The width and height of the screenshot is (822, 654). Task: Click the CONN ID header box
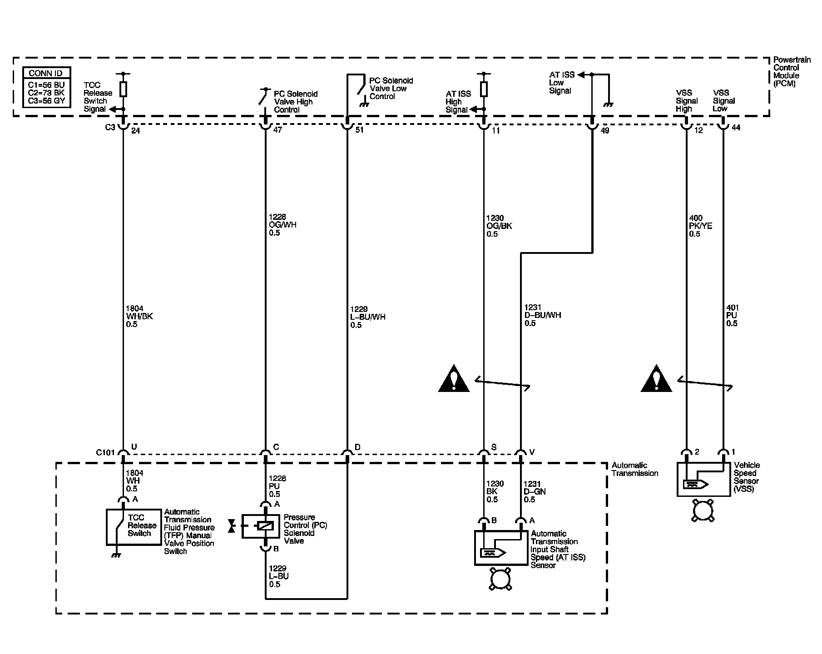tap(47, 73)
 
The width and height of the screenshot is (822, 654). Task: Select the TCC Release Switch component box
tap(134, 527)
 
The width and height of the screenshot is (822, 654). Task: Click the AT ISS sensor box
tap(502, 548)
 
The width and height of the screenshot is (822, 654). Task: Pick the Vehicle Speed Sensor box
tap(704, 480)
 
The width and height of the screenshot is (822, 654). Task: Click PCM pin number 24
tap(135, 131)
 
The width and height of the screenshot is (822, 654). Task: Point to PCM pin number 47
tap(277, 130)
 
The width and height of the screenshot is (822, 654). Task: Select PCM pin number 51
tap(359, 130)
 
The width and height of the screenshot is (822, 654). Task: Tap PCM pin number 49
tap(604, 131)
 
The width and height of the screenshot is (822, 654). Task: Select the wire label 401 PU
tap(732, 315)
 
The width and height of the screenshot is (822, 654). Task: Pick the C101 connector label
tap(105, 452)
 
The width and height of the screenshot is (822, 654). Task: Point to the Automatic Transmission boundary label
tap(635, 469)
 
